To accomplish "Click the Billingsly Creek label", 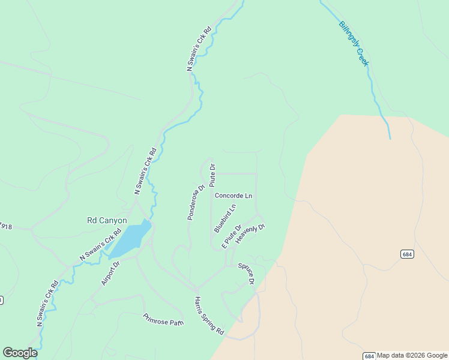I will [354, 43].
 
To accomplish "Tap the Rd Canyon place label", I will [107, 220].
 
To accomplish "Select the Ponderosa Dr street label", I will [196, 202].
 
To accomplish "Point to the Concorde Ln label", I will [234, 196].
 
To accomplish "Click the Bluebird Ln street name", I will [225, 218].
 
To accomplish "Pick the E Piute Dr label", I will [231, 236].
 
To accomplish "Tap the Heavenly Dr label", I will [250, 233].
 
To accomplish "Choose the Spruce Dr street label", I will [246, 274].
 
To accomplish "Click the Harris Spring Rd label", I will [209, 316].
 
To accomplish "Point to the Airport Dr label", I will [111, 273].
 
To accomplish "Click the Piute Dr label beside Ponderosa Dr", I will [212, 175].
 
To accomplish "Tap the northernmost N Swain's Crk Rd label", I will [199, 49].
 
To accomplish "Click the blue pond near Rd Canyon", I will [131, 237].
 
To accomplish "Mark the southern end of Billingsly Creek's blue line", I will [390, 138].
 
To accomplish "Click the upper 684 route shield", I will [408, 254].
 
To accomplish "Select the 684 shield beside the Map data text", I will [370, 356].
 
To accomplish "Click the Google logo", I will [20, 353].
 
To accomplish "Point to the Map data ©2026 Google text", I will [412, 356].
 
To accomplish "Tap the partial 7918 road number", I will [6, 227].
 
